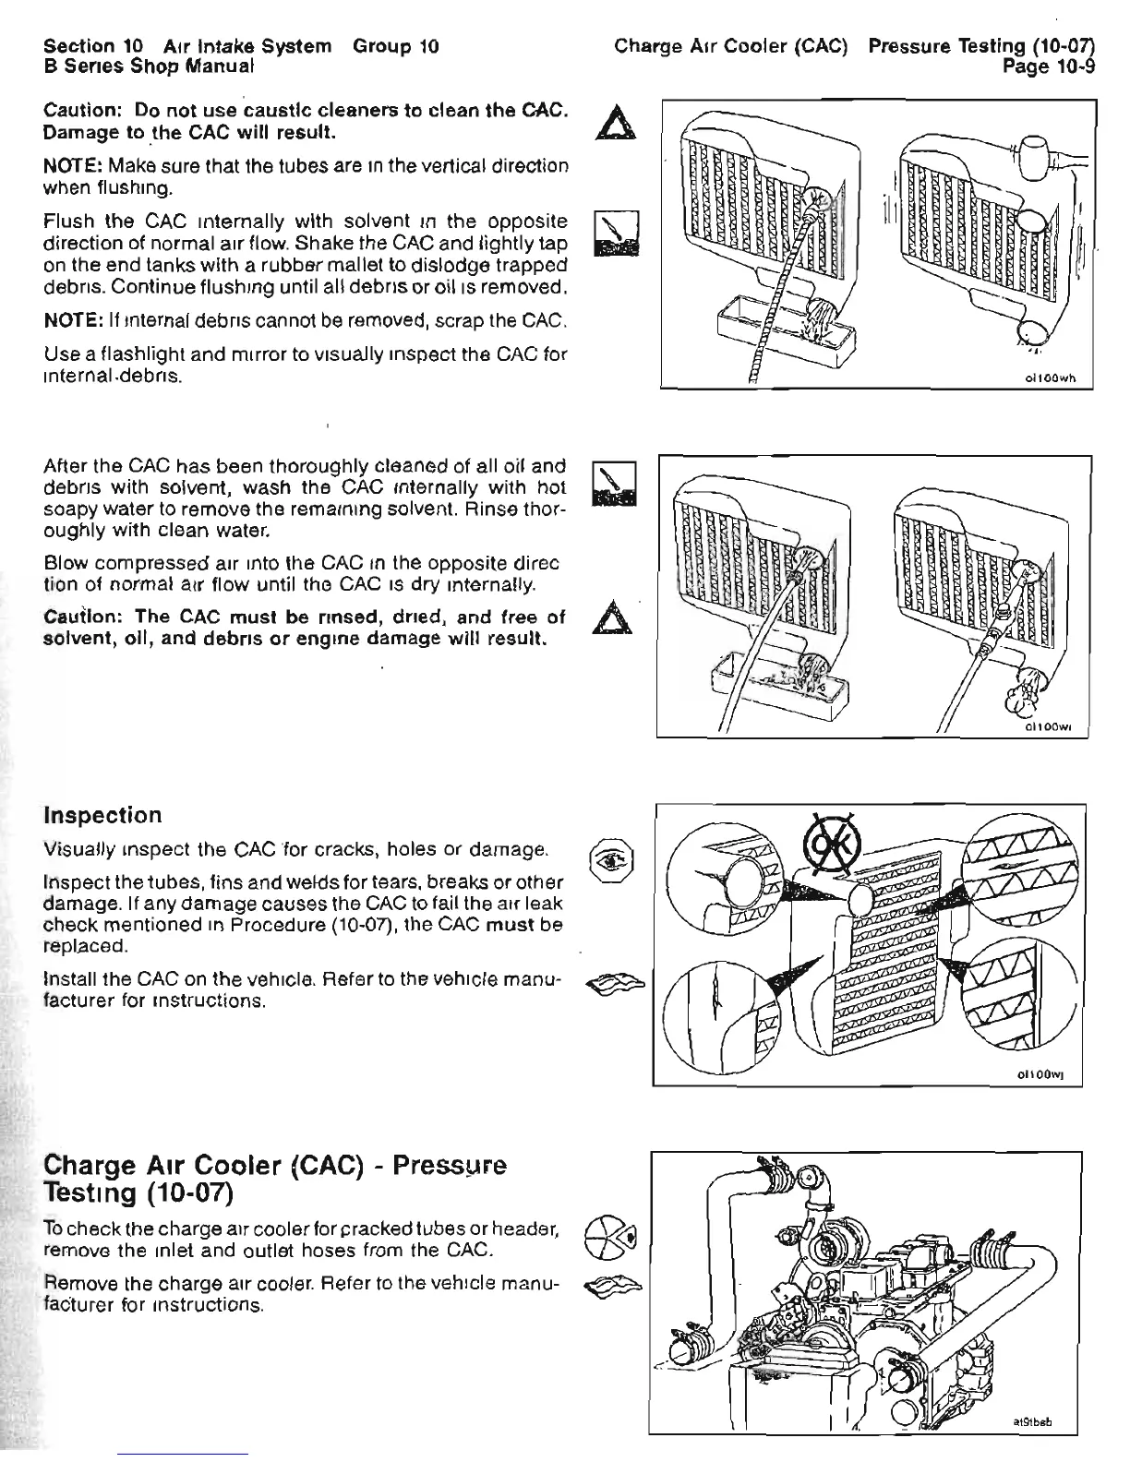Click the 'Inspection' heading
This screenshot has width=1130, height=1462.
point(102,815)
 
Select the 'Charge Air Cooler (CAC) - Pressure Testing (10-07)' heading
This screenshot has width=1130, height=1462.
point(275,1178)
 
